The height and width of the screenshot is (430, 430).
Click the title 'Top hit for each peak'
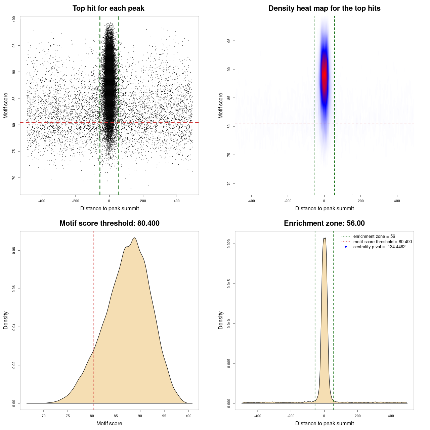[109, 8]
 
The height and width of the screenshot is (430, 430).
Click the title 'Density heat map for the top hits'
[324, 8]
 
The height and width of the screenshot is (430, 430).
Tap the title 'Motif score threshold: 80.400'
[109, 223]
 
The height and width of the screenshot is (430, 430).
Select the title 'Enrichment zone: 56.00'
[324, 223]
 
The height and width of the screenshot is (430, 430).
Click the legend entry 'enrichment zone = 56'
[374, 236]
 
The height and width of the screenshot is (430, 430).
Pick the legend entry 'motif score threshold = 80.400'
[382, 242]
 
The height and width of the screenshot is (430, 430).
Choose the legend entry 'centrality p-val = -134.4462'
[379, 247]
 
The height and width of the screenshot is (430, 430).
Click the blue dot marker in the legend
[346, 247]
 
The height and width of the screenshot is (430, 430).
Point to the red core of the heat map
[324, 76]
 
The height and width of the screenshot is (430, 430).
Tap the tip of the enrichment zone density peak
[325, 238]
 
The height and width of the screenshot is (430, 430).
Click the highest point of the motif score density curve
[134, 238]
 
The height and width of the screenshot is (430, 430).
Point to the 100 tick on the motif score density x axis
[188, 416]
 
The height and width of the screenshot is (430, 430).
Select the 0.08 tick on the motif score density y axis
[14, 251]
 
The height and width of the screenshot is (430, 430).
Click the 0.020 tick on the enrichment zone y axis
[229, 244]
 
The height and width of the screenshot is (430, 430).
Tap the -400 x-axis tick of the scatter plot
[42, 201]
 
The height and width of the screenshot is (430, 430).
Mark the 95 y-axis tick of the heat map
[229, 41]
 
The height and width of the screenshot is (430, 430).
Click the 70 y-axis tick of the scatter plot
[14, 178]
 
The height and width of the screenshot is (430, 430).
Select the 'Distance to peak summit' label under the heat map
[325, 209]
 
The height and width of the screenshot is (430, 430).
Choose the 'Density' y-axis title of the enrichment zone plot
[221, 320]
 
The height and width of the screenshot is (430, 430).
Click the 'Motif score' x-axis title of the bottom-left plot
[109, 423]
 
